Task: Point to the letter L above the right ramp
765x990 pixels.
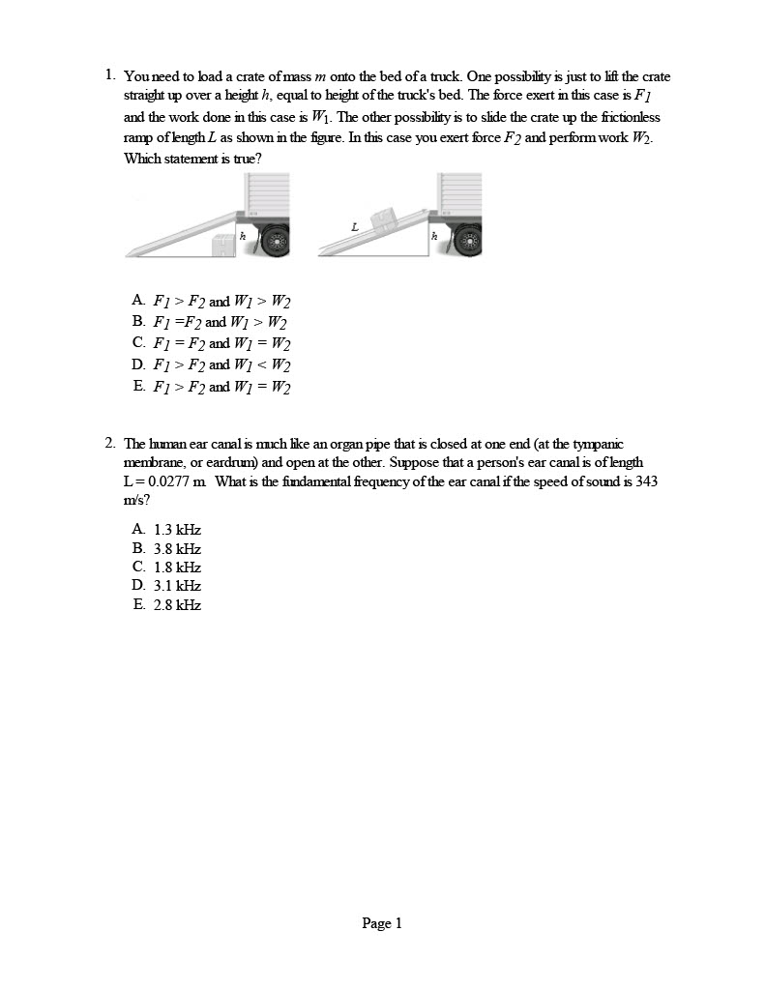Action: [355, 227]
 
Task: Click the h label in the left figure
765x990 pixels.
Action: [242, 235]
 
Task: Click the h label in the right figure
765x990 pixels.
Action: [434, 235]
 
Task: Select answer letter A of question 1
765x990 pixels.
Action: [139, 300]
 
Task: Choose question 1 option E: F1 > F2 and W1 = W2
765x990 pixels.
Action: [221, 387]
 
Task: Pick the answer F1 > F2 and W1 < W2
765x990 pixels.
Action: [221, 364]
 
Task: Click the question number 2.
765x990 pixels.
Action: [110, 443]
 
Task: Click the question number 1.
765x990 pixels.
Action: [110, 74]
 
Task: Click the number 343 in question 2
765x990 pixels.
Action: [646, 480]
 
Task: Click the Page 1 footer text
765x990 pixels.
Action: [382, 923]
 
